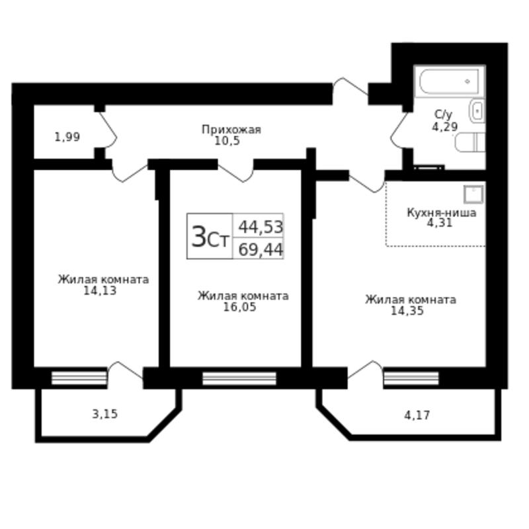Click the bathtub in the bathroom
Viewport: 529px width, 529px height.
pos(450,81)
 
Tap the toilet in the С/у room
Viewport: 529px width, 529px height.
pos(470,142)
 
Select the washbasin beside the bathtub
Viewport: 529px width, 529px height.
pos(477,110)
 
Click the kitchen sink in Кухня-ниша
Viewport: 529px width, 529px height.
pos(473,194)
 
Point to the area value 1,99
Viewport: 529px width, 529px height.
pos(67,137)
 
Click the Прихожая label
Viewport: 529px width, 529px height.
pos(231,130)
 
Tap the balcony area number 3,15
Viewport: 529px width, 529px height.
pos(105,414)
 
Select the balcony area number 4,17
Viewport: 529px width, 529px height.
pos(417,415)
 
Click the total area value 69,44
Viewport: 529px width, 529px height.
pos(261,250)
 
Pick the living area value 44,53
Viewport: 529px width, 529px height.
pos(261,227)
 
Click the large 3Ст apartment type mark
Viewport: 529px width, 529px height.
pos(210,237)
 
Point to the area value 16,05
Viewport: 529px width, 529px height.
pos(239,307)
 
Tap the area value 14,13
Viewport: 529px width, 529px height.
pos(100,290)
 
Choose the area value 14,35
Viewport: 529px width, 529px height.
pos(407,311)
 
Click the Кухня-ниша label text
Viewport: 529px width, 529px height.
pos(442,212)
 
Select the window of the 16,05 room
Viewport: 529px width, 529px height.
pos(239,378)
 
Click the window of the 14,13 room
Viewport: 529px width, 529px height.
pos(79,378)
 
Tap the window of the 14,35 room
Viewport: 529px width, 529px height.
pos(411,378)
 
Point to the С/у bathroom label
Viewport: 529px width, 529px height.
pos(443,115)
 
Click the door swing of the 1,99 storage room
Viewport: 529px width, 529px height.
pos(108,130)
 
